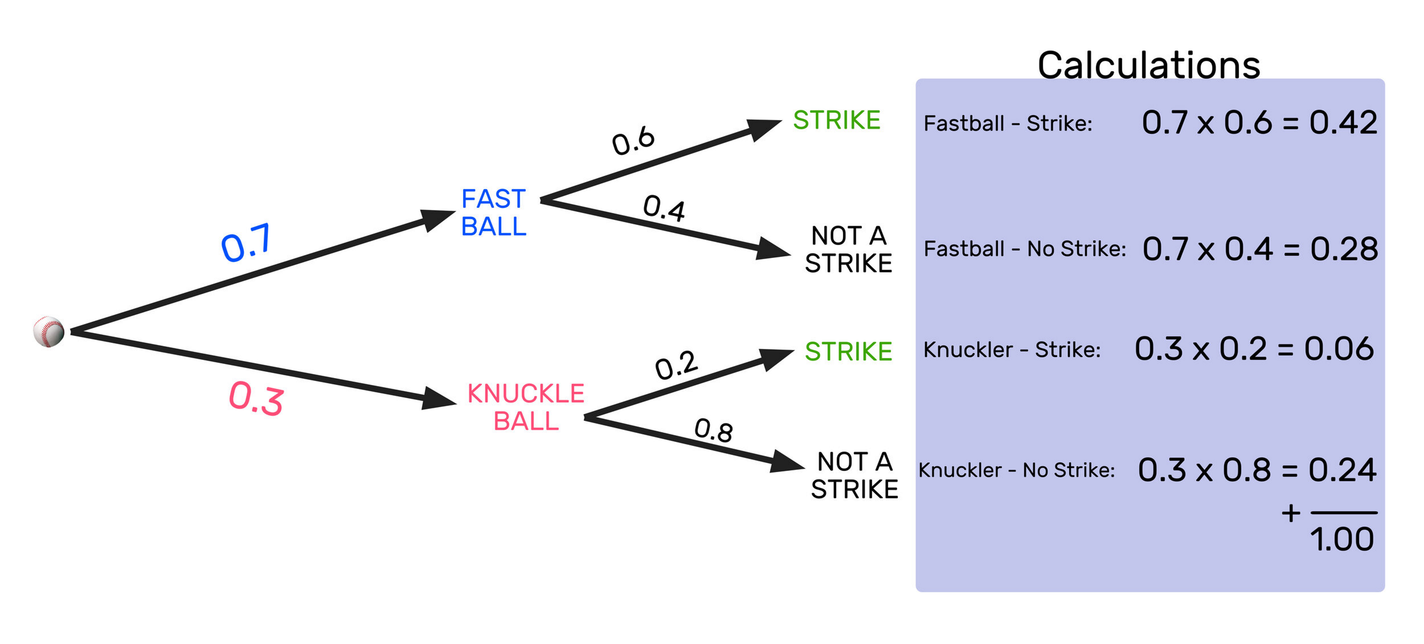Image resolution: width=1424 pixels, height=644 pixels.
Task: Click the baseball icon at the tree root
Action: coord(49,331)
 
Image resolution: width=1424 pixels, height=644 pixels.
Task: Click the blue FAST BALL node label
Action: coord(493,213)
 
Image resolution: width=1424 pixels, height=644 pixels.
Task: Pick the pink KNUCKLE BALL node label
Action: coord(526,408)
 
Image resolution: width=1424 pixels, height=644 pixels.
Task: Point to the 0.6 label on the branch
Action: coord(633,140)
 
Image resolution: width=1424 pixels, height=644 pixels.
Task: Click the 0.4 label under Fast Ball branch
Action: coord(664,208)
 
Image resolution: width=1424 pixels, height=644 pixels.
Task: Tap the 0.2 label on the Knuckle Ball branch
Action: coord(676,365)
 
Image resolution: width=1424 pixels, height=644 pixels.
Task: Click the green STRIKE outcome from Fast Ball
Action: coord(837,120)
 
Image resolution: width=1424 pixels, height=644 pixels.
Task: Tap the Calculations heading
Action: coord(1149,65)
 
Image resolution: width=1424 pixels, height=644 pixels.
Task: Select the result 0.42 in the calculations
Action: coord(1343,122)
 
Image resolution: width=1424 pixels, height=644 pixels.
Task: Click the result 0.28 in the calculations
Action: coord(1344,249)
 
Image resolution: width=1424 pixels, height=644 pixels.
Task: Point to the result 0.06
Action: coord(1339,348)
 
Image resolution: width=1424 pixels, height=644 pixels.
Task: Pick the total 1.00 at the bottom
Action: coord(1342,539)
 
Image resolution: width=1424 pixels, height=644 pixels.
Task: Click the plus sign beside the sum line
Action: coord(1291,513)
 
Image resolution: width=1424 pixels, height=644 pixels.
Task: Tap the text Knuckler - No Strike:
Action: coord(1017,470)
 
